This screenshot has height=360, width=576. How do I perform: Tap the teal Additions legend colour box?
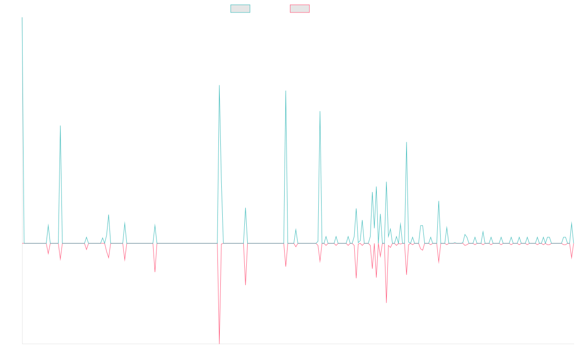[240, 9]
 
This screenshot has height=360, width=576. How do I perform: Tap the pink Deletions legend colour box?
[300, 9]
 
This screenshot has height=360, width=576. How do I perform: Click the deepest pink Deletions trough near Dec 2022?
[219, 343]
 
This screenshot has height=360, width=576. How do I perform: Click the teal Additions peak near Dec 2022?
[219, 85]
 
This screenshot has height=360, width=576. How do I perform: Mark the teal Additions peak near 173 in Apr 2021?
[60, 125]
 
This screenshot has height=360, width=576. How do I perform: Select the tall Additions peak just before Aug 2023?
[286, 91]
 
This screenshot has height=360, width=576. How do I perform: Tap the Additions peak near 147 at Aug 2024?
[406, 142]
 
